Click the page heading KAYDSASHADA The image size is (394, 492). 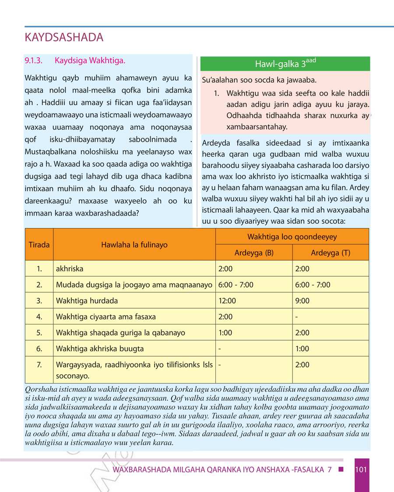click(x=64, y=38)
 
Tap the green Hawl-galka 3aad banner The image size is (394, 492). click(x=285, y=64)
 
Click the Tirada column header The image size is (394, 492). click(x=39, y=244)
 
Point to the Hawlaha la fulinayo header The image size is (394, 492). click(x=134, y=244)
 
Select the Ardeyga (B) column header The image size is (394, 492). click(x=254, y=253)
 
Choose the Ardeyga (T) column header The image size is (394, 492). click(x=330, y=253)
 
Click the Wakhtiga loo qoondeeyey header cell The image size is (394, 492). click(x=292, y=237)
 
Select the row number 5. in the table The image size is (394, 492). click(x=39, y=333)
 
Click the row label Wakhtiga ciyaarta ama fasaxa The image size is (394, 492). click(x=106, y=317)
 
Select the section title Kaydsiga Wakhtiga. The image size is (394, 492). click(x=90, y=60)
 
